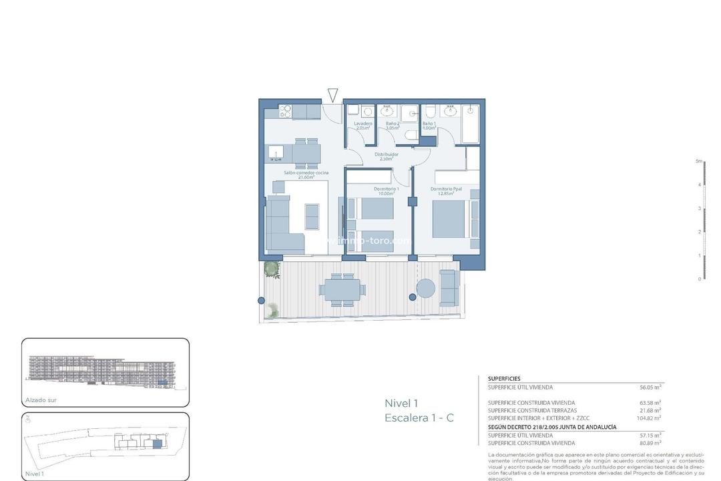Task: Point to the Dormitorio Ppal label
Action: (447, 190)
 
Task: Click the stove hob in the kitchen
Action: (284, 111)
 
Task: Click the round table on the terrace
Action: (426, 288)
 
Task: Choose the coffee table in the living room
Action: (312, 216)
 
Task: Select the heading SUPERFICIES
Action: (504, 379)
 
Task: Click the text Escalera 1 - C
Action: (419, 418)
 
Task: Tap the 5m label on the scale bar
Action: (699, 161)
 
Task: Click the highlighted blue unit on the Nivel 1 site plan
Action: (157, 444)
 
